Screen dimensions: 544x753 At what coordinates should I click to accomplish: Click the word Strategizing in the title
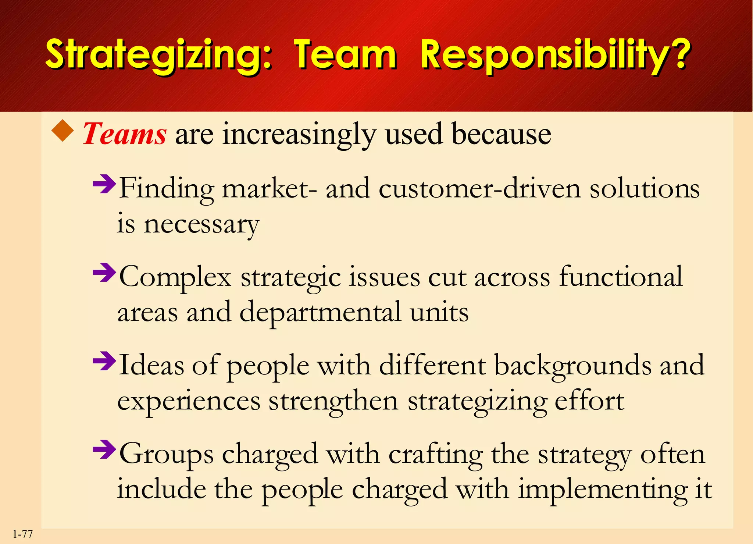click(158, 55)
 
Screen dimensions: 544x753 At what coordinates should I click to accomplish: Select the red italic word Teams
click(125, 134)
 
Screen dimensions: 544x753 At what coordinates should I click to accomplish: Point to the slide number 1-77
click(23, 534)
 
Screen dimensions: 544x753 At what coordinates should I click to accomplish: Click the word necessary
click(201, 225)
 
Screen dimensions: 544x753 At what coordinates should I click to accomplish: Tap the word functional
click(621, 277)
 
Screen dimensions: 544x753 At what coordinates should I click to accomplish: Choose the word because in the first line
click(501, 134)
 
